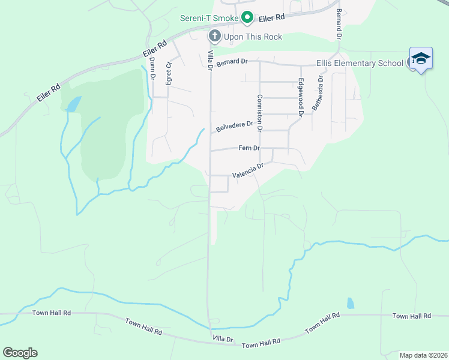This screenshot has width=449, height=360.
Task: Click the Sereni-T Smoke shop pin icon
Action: pos(246,18)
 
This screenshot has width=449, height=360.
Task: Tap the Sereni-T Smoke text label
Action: pos(209,18)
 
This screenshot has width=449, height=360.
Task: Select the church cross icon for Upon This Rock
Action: pos(214,37)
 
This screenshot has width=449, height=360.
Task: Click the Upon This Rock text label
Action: pos(253,37)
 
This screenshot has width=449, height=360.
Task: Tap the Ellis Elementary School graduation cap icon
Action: pos(420,58)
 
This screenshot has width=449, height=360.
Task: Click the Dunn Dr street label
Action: pos(152,68)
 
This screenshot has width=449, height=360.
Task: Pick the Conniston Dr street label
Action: pos(260,113)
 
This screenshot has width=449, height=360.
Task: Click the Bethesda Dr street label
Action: pos(316,93)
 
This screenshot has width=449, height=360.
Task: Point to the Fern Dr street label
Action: pos(249,148)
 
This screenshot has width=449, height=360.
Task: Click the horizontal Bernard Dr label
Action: pos(232,62)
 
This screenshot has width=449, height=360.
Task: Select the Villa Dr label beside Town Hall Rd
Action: pos(222,339)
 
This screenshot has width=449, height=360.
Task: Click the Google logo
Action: pos(20,353)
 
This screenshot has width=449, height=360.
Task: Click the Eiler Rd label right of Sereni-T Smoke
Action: pos(272,19)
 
